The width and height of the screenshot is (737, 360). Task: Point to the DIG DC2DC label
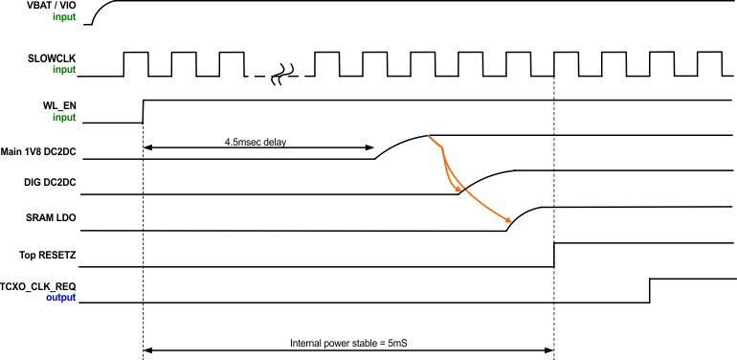50,182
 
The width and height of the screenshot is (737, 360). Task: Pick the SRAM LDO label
52,219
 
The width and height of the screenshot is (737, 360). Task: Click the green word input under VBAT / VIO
63,17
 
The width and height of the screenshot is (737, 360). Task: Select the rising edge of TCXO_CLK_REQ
650,290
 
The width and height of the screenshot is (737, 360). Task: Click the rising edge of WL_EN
143,110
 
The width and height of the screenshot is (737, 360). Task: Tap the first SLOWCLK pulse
136,63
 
